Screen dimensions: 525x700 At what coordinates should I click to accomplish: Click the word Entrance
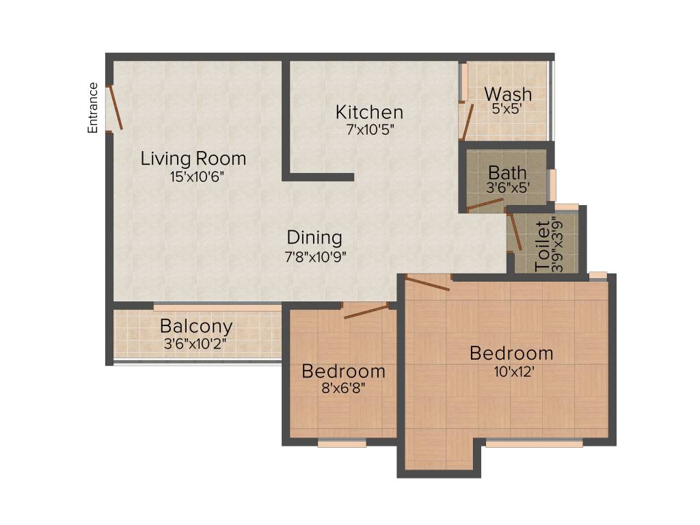pos(93,107)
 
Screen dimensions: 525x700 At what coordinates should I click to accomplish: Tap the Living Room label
pos(193,159)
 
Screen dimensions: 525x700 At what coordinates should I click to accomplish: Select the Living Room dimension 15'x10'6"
pos(197,176)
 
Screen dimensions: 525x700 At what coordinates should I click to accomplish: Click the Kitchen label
pos(369,111)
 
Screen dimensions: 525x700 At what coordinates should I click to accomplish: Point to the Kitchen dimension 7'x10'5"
pos(370,129)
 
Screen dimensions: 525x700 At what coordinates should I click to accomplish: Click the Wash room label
pos(508,94)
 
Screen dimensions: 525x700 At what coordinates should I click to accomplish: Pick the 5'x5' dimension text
pos(507,108)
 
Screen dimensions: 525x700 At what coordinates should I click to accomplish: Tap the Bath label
pos(507,172)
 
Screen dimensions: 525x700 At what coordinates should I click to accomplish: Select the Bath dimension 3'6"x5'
pos(507,186)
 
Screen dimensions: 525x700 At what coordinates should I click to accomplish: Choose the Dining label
pos(314,237)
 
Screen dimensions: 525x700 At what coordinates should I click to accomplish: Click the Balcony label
pos(196,326)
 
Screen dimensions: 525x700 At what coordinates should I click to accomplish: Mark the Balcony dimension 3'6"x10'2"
pos(196,344)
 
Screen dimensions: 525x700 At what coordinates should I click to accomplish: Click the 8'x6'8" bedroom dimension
pos(343,390)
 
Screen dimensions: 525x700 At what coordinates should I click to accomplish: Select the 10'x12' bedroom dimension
pos(511,372)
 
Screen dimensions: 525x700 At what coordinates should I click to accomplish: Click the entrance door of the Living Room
pos(116,107)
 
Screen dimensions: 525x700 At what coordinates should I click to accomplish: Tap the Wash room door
pos(468,122)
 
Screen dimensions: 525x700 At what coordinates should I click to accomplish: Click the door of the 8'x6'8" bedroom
pos(366,312)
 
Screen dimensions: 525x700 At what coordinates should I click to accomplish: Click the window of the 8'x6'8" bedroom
pos(342,443)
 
